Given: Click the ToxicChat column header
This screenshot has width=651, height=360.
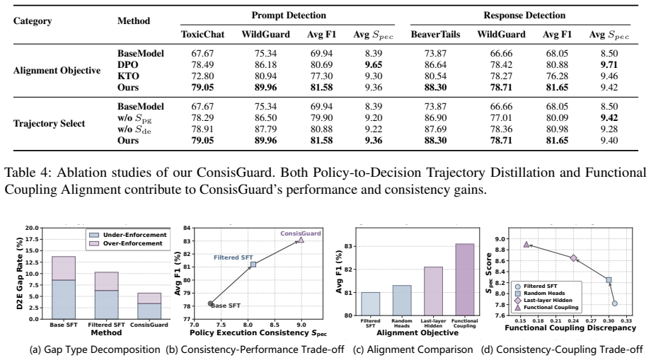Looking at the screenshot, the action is point(202,35).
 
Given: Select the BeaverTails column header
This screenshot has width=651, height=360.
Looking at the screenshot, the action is point(435,35).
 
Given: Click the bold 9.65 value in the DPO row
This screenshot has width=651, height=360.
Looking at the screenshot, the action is point(373,64).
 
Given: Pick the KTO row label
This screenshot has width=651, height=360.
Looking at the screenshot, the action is point(128,76).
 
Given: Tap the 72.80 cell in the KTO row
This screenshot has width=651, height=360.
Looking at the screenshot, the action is point(202,76).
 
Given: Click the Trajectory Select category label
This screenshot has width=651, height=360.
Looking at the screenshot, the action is point(49,124).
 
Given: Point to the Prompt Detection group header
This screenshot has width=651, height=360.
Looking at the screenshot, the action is point(289,16).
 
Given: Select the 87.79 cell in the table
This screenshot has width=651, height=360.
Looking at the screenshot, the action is point(266,129).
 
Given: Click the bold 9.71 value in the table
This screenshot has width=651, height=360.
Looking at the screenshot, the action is point(609,64).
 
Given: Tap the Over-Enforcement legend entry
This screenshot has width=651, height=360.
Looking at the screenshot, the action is point(128,243).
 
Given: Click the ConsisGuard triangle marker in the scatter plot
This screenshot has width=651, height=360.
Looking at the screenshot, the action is point(301,240).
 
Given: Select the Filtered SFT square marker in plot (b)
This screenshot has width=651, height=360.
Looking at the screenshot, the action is point(253,265).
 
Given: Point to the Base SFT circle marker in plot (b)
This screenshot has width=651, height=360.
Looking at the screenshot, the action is point(210,303).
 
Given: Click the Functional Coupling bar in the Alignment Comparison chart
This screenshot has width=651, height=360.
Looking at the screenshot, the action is point(465,279).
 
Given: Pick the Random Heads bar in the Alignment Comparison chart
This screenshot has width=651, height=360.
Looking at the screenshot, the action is point(402,301).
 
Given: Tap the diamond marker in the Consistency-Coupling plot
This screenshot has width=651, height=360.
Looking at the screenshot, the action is point(573,258).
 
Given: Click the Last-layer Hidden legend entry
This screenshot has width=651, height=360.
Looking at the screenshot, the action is point(543,301).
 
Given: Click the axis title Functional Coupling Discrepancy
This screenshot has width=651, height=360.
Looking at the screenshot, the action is point(570,328).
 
